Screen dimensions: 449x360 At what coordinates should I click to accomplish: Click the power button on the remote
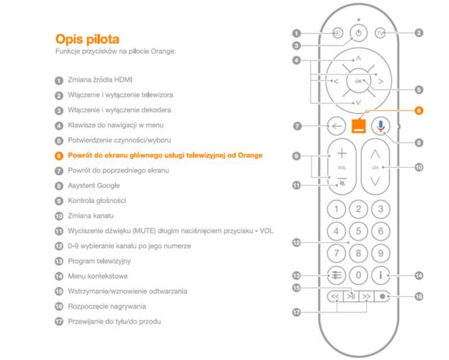point(359,33)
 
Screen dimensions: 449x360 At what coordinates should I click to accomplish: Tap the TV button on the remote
point(380,33)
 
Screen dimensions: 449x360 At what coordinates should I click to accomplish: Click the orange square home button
point(359,126)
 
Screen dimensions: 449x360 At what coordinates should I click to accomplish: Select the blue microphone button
point(380,126)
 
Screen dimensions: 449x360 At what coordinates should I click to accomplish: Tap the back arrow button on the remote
point(337,125)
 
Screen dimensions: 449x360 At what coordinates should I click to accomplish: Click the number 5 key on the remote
point(359,231)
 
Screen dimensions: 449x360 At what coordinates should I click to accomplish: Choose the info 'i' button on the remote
point(380,275)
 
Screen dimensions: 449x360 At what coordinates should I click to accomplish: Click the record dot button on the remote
point(383,296)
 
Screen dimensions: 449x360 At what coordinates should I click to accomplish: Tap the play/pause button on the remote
point(351,296)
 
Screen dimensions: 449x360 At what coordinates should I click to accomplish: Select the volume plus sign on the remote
point(342,154)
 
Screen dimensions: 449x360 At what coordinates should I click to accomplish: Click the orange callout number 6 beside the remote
point(419,110)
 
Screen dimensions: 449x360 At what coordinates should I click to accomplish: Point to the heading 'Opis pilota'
point(87,39)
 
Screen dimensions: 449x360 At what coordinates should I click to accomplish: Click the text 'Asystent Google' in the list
point(94,186)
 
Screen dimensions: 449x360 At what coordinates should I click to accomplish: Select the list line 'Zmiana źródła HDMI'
point(100,80)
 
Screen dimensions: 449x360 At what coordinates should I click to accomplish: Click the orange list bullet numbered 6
point(59,156)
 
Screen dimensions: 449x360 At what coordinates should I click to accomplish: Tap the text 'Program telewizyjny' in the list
point(99,261)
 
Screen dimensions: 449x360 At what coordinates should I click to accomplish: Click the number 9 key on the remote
point(380,253)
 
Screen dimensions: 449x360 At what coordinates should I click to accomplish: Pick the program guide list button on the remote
point(337,275)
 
